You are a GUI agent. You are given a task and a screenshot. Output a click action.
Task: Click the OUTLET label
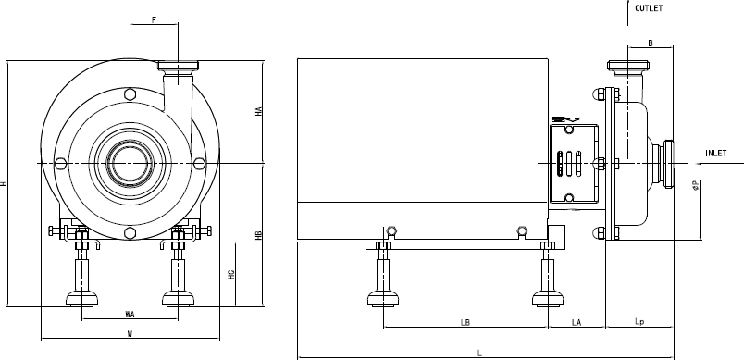pyautogui.click(x=649, y=8)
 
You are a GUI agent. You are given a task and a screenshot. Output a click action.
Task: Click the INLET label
pyautogui.click(x=715, y=154)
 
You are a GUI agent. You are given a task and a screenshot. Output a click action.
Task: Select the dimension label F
pyautogui.click(x=154, y=20)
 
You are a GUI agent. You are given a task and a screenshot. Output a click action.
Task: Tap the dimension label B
pyautogui.click(x=651, y=43)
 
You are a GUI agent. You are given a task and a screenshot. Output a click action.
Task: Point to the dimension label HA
pyautogui.click(x=258, y=111)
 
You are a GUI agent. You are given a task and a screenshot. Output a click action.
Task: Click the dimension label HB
pyautogui.click(x=258, y=235)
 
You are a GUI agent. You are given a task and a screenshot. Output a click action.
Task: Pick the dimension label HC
pyautogui.click(x=231, y=274)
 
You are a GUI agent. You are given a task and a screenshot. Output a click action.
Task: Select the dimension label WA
pyautogui.click(x=130, y=314)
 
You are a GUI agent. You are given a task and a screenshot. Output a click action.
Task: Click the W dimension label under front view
pyautogui.click(x=130, y=333)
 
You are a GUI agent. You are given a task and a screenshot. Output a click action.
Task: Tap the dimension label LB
pyautogui.click(x=465, y=323)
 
